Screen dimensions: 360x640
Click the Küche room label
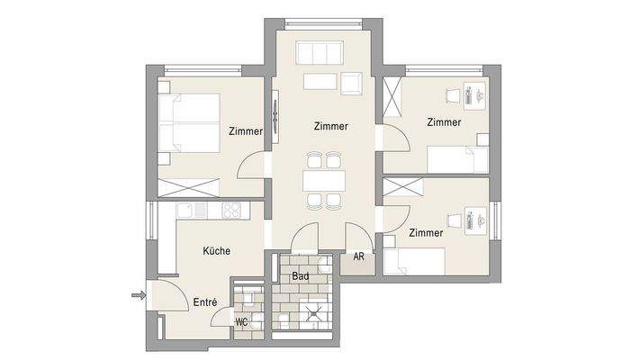click(x=217, y=251)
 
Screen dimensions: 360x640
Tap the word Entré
click(x=205, y=303)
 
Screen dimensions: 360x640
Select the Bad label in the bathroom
click(x=301, y=276)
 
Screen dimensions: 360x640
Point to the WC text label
click(x=241, y=321)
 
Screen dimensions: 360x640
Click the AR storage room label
click(x=358, y=256)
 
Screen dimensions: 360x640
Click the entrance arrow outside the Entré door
click(x=137, y=294)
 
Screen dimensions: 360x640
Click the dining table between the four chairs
click(x=323, y=178)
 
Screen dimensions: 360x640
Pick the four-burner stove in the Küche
click(x=230, y=211)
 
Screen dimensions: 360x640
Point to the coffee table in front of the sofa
click(x=319, y=82)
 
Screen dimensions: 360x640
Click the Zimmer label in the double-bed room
click(x=245, y=131)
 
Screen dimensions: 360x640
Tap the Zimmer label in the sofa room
click(x=331, y=126)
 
